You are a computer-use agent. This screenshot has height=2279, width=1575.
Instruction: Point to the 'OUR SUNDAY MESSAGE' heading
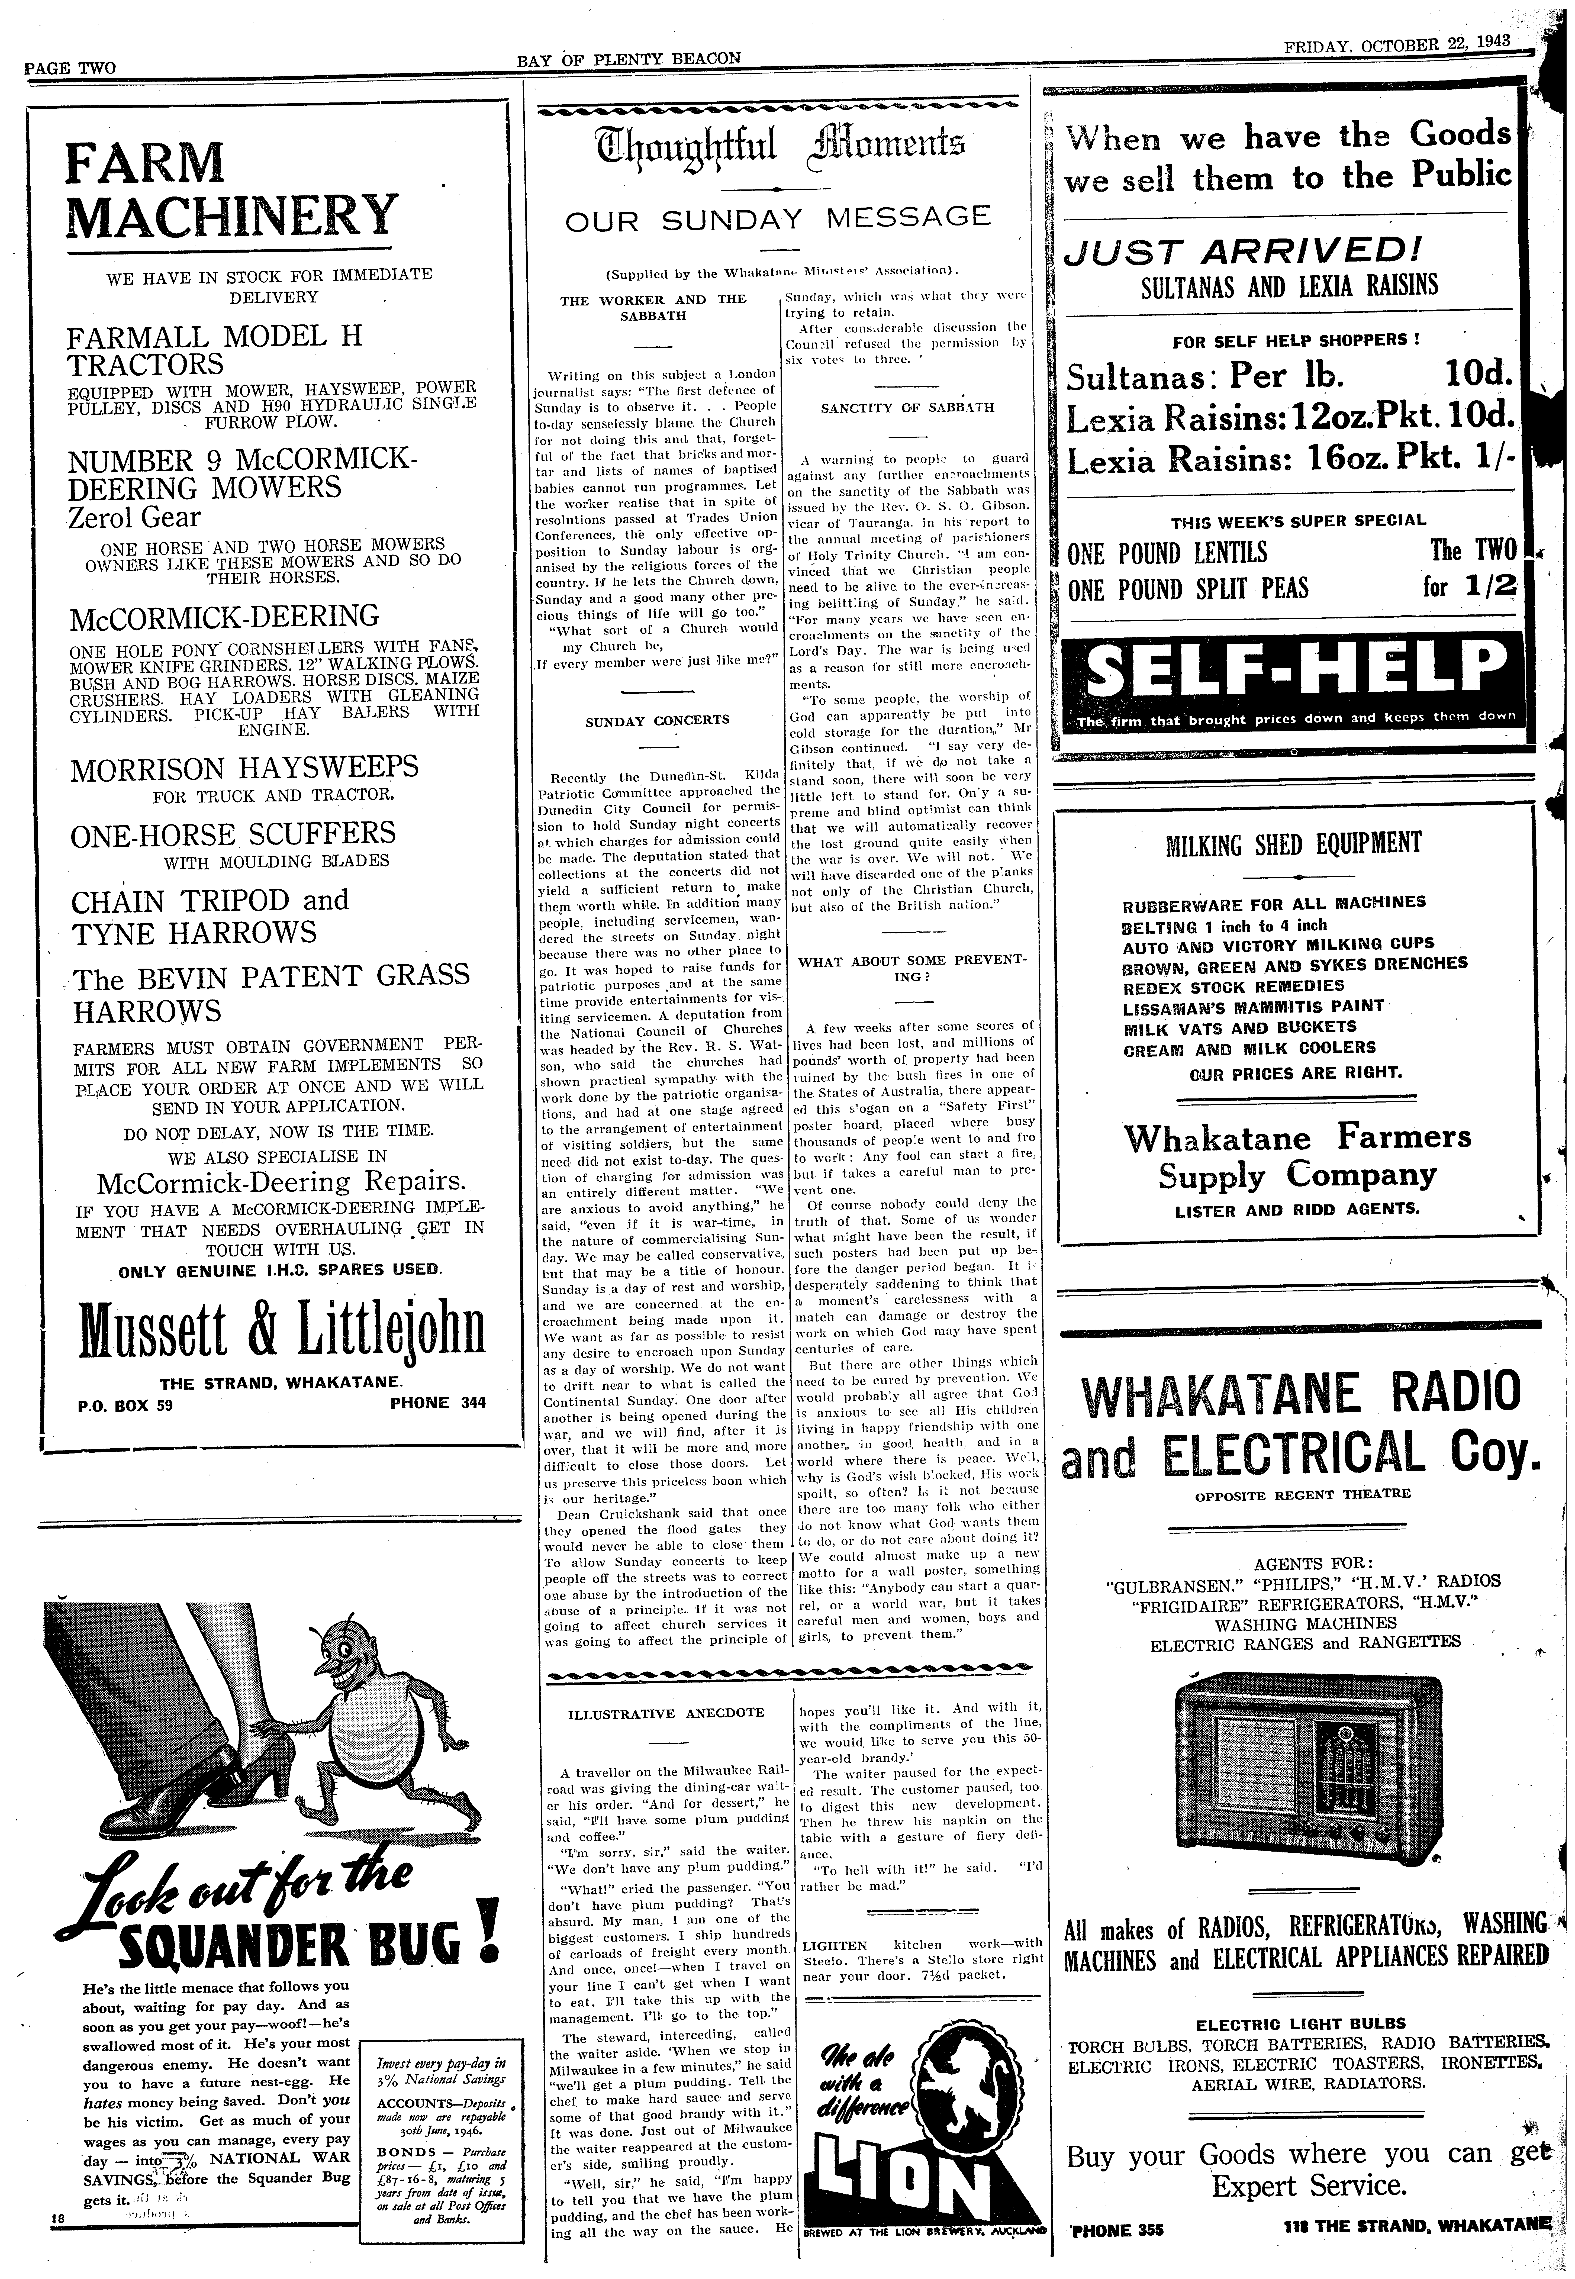(777, 218)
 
